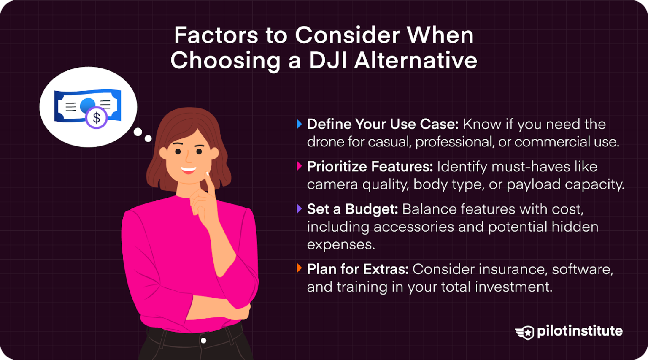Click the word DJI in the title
click(x=328, y=60)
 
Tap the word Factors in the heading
click(x=216, y=35)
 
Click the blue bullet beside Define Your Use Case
click(x=300, y=124)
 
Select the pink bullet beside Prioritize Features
click(x=300, y=166)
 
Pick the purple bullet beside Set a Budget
click(x=300, y=208)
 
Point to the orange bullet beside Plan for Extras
click(x=300, y=268)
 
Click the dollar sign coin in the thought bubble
click(x=96, y=117)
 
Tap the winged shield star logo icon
click(x=524, y=332)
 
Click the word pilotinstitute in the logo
click(x=580, y=331)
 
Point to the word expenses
click(x=341, y=245)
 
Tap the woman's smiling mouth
click(x=188, y=170)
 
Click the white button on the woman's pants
click(x=204, y=341)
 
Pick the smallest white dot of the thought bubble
click(x=148, y=138)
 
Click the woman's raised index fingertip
click(x=208, y=173)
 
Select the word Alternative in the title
click(x=416, y=60)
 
